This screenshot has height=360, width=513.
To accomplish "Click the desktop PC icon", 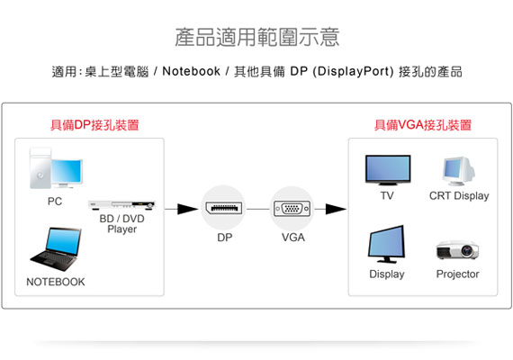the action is (x=56, y=168).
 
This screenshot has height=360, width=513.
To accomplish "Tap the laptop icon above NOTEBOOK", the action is (x=56, y=249).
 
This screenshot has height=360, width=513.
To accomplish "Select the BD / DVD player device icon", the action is (x=121, y=205).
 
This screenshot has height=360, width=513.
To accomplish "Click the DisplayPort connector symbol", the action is (x=224, y=208).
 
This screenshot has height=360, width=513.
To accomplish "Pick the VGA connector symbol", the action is (x=292, y=209).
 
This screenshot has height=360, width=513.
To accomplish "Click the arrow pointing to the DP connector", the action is (x=182, y=209).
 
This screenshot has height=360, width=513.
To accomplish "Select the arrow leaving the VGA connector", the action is (x=330, y=209).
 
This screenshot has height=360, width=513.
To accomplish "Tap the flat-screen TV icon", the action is (x=388, y=170).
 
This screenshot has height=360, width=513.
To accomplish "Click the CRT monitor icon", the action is (x=458, y=171).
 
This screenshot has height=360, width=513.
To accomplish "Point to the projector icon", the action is (x=457, y=250).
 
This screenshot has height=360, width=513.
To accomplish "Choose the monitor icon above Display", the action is (x=386, y=244).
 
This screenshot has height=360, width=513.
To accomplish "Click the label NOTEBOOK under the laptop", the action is (x=56, y=282).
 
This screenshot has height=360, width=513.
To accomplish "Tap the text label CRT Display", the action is (x=459, y=195).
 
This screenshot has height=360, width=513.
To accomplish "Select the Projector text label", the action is (x=458, y=274).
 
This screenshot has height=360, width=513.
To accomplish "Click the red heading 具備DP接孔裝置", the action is (x=94, y=125).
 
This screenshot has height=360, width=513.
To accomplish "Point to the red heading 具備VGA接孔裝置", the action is (x=423, y=125).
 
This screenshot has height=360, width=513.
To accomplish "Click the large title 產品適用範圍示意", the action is (x=257, y=37).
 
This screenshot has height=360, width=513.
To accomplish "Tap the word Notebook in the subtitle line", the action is (x=191, y=71).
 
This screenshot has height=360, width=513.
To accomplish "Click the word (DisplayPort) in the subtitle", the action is (x=353, y=71).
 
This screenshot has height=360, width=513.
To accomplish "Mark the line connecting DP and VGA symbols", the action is (x=258, y=209).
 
